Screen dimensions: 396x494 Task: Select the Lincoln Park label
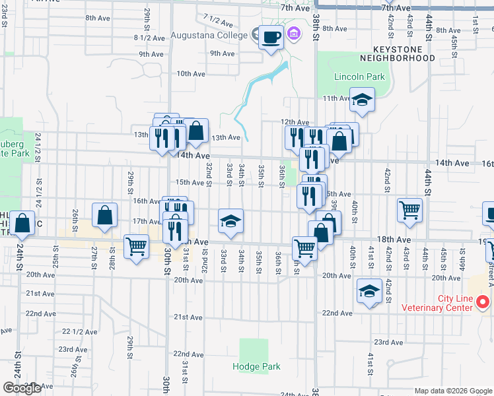pyautogui.click(x=359, y=77)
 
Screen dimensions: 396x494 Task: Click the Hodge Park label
pyautogui.click(x=256, y=366)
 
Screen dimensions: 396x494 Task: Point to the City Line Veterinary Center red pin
pyautogui.click(x=483, y=302)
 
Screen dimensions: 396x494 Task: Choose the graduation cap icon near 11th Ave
pyautogui.click(x=362, y=100)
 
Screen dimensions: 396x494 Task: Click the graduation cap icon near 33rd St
pyautogui.click(x=230, y=222)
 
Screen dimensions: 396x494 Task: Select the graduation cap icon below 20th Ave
pyautogui.click(x=369, y=290)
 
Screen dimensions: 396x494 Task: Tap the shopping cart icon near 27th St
pyautogui.click(x=136, y=246)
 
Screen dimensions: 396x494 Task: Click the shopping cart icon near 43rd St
pyautogui.click(x=409, y=210)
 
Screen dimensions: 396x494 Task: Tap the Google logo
pyautogui.click(x=22, y=388)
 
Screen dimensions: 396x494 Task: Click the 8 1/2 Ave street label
pyautogui.click(x=149, y=38)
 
